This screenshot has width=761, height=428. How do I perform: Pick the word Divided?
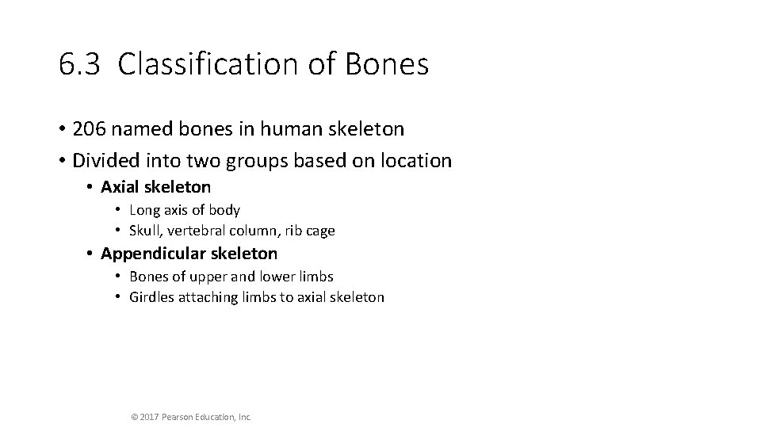coord(104,161)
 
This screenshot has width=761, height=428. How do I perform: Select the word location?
coord(412,161)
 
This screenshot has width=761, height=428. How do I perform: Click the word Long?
coord(144,210)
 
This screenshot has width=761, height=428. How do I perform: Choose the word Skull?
coord(144,231)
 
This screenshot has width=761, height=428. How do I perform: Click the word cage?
coord(319,231)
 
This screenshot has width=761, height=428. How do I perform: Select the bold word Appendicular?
coord(150,254)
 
